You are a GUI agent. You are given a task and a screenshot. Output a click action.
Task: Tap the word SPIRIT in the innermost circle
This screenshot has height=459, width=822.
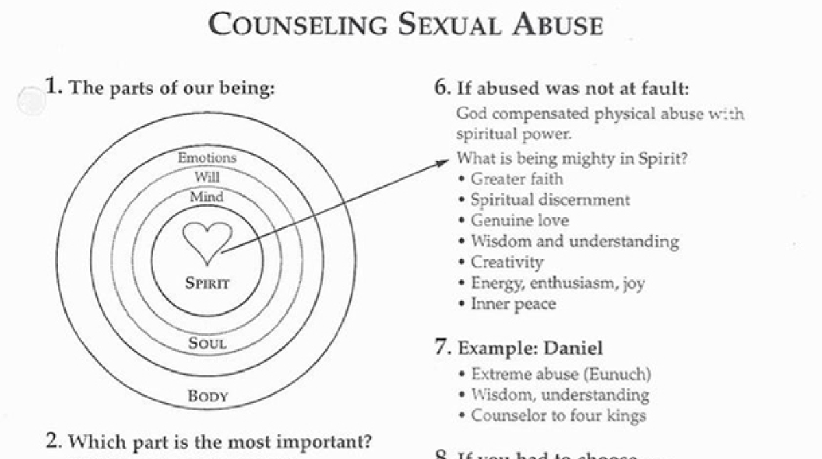point(207,282)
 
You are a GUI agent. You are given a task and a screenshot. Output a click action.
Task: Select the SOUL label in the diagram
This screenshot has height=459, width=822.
point(207,342)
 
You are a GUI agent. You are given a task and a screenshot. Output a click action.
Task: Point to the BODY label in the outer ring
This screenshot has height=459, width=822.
point(208,396)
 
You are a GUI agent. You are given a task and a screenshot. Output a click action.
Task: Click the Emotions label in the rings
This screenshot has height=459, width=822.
point(207,157)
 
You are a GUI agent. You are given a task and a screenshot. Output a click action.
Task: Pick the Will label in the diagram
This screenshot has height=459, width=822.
point(207,176)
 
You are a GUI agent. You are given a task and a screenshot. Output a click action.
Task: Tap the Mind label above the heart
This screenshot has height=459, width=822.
point(207,197)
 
